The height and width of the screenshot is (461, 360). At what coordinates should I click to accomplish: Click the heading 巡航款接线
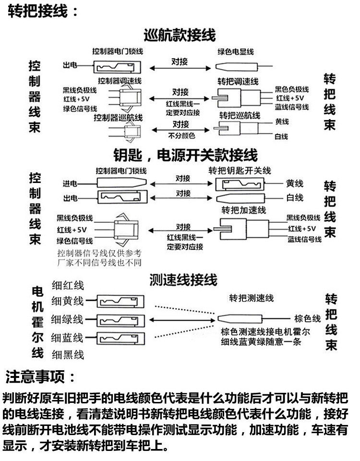pyautogui.click(x=180, y=35)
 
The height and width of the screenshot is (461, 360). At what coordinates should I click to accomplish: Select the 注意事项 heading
pyautogui.click(x=40, y=376)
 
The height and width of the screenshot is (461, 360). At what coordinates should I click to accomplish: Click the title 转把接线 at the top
pyautogui.click(x=43, y=11)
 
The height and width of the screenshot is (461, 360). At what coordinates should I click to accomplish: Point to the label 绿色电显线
pyautogui.click(x=236, y=51)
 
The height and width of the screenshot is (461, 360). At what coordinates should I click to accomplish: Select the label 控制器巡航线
pyautogui.click(x=118, y=117)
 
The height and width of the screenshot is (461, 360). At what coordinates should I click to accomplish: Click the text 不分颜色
pyautogui.click(x=180, y=135)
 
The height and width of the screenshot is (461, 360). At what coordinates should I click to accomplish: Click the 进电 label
pyautogui.click(x=70, y=183)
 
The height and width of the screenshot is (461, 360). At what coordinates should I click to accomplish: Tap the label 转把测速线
pyautogui.click(x=251, y=298)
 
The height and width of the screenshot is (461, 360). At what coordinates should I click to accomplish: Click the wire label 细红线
pyautogui.click(x=68, y=285)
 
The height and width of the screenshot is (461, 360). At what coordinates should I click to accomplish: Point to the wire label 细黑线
pyautogui.click(x=68, y=355)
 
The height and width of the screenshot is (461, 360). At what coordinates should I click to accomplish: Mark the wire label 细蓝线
pyautogui.click(x=68, y=338)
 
